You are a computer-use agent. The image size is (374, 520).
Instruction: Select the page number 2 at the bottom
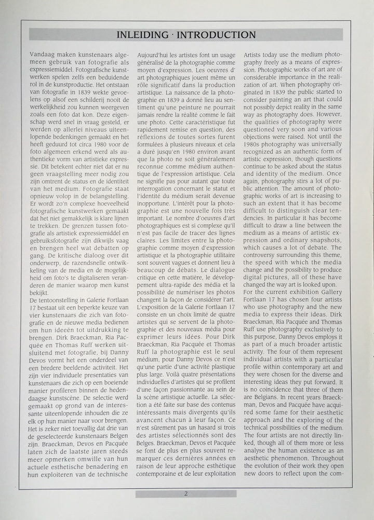point(186,494)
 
